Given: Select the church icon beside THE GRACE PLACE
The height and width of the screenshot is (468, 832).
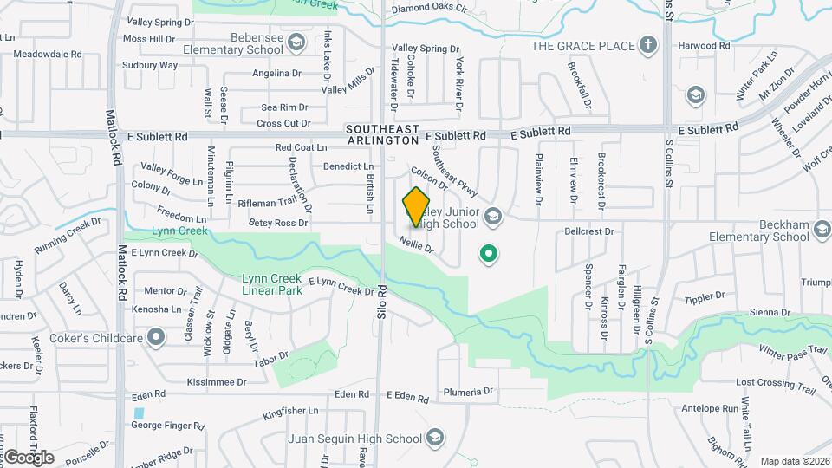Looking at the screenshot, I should point(647,44).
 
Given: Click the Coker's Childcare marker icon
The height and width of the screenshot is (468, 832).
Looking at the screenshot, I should point(157,335).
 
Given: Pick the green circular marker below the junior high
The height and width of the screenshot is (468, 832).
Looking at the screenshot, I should point(489,254).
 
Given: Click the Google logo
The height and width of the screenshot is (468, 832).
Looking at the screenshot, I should point(29,457).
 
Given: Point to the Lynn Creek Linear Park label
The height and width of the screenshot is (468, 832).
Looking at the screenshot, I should point(271,285).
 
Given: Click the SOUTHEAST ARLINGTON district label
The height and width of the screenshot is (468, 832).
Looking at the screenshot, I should point(383,133).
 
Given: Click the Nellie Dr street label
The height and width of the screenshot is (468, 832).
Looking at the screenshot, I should point(416,246).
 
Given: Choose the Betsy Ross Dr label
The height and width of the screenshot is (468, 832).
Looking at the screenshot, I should point(278,223).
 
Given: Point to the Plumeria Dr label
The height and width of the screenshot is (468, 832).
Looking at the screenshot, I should point(468,392).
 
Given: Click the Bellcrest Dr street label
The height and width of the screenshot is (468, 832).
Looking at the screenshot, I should point(588,231).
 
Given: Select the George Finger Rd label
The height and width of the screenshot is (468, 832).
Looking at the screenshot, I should point(167,426).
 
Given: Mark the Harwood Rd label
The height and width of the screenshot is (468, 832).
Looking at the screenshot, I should point(704,45).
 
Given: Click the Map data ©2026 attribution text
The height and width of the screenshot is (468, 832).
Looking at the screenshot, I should point(794,461).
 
